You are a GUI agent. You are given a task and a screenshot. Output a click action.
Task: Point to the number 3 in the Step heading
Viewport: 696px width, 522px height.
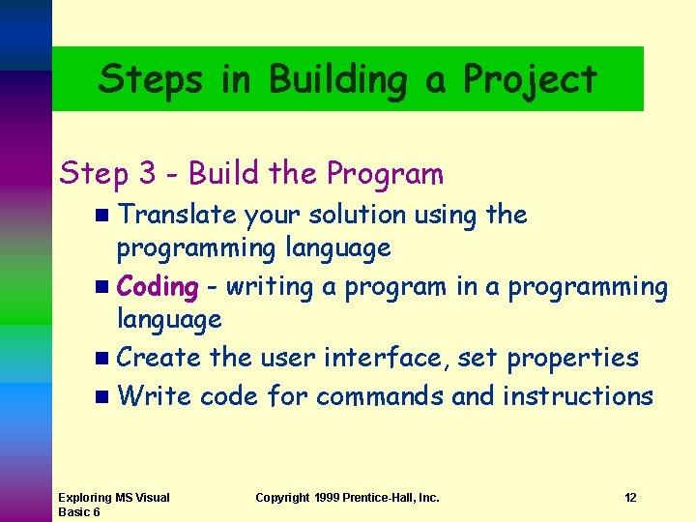click(147, 174)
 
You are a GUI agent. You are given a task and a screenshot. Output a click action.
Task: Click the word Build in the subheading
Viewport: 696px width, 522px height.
click(224, 174)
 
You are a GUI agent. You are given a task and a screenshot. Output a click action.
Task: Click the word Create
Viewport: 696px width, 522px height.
click(159, 358)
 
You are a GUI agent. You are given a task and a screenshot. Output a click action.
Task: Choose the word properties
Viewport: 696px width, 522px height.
click(572, 359)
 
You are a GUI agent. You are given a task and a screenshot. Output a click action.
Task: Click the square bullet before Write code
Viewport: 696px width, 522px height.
click(103, 396)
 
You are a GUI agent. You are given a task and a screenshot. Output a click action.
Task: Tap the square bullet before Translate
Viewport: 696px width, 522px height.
click(103, 215)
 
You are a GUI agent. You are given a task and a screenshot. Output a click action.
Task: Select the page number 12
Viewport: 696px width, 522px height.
click(630, 498)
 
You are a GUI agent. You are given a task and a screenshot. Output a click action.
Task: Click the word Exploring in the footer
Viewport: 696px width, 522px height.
click(85, 498)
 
